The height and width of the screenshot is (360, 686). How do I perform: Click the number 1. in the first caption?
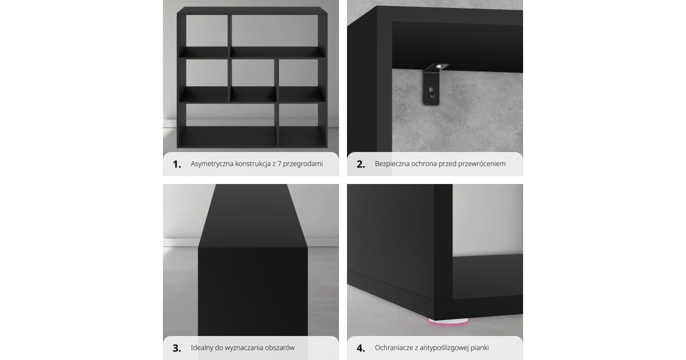pyautogui.click(x=177, y=165)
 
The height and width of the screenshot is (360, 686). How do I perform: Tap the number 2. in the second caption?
pyautogui.click(x=361, y=165)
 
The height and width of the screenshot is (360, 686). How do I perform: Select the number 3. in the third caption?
pyautogui.click(x=177, y=348)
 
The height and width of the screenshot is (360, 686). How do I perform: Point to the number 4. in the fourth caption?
pyautogui.click(x=361, y=348)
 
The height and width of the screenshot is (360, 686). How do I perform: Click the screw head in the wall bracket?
pyautogui.click(x=432, y=95)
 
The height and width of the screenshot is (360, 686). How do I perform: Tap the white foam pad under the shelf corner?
pyautogui.click(x=448, y=321)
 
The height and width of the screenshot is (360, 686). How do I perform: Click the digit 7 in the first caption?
pyautogui.click(x=279, y=164)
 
